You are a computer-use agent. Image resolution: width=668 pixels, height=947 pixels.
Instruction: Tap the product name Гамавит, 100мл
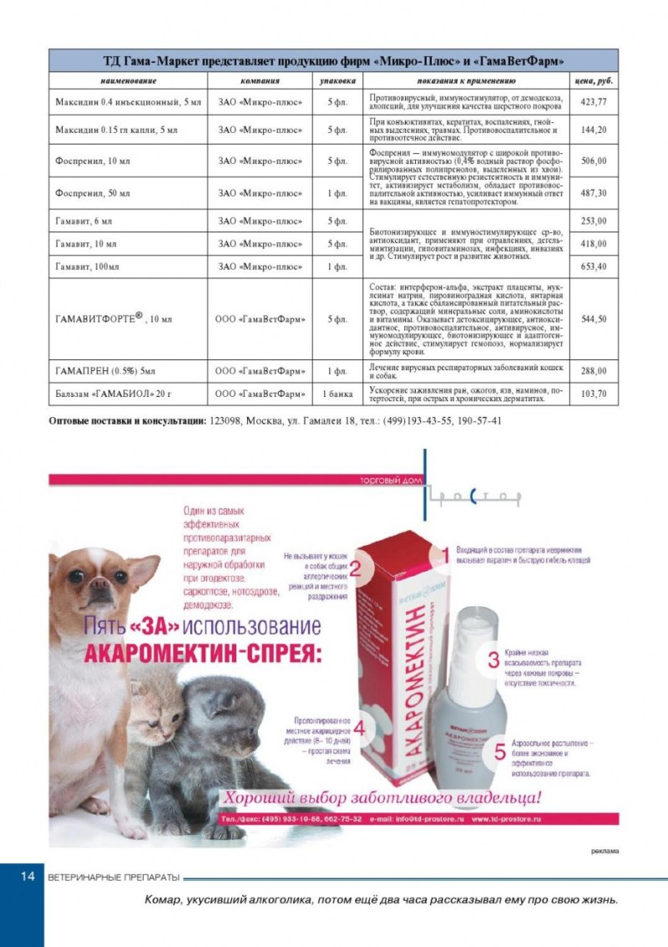(89, 267)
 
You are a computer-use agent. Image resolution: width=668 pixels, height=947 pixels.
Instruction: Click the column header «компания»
(260, 81)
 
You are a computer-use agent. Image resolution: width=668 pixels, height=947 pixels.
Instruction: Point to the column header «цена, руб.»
(593, 81)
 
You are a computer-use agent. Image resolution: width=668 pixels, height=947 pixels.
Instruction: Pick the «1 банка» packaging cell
(337, 393)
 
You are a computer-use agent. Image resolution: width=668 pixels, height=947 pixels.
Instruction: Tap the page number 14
(26, 876)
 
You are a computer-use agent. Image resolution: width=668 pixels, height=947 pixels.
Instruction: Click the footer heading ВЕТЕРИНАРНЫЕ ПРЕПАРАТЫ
(114, 877)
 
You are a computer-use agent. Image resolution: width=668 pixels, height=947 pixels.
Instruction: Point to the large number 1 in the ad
(445, 554)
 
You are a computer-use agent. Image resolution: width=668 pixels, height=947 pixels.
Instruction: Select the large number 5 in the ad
(499, 749)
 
